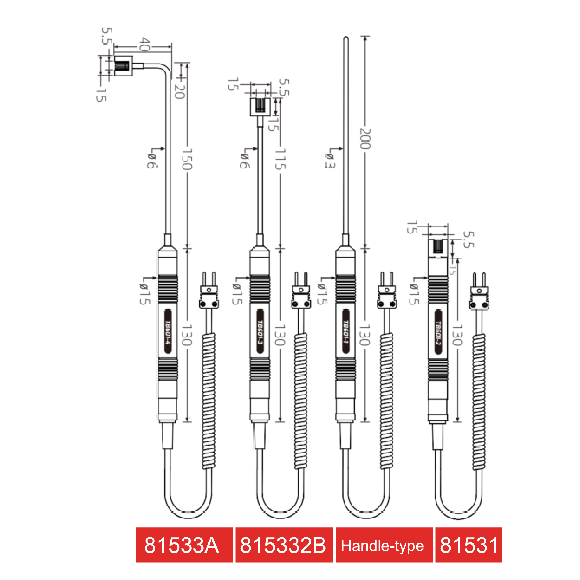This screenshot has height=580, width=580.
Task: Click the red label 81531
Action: (x=469, y=545)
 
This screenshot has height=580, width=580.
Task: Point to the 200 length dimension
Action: (x=365, y=138)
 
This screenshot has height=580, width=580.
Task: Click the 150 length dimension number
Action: (x=187, y=159)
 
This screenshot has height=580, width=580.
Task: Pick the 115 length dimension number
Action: (x=280, y=159)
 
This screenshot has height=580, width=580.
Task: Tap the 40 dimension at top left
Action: (x=144, y=45)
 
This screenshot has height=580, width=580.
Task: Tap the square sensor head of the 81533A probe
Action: (x=123, y=66)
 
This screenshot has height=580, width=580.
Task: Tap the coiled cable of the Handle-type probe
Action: (x=386, y=400)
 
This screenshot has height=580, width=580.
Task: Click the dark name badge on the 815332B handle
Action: (x=260, y=331)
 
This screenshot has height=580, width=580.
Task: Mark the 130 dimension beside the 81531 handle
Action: (x=457, y=335)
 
